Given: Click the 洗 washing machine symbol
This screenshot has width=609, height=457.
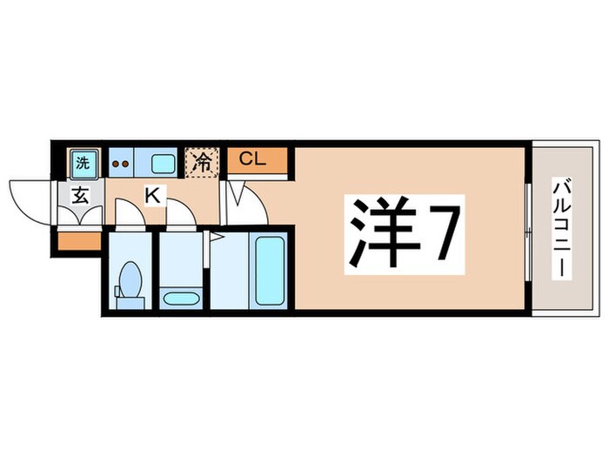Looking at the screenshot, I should [82, 162].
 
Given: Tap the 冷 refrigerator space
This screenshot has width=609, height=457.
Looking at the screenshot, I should [200, 162].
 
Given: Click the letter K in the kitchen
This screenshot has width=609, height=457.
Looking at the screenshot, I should [152, 196].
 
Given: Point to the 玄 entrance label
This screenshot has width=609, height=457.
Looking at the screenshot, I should [78, 195].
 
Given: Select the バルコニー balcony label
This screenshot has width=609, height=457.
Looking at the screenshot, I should [561, 228].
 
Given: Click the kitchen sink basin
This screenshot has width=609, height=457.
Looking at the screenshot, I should [163, 162].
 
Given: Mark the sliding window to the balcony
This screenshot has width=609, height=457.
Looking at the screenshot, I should [528, 228].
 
